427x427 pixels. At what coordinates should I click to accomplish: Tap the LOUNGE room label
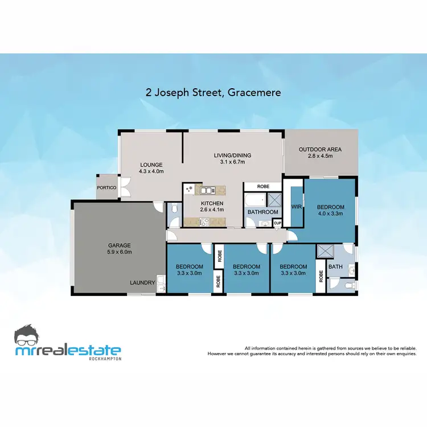click(152, 165)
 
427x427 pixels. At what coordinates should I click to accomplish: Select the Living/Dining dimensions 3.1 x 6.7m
click(232, 162)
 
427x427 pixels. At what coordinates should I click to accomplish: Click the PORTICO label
click(106, 187)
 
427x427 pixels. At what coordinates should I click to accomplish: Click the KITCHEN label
click(212, 203)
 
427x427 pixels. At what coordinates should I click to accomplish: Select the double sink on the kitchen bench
click(205, 189)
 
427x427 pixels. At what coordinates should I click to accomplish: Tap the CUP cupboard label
click(277, 223)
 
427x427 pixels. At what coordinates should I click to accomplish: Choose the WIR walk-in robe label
click(297, 207)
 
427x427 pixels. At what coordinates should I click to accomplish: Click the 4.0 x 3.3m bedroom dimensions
click(330, 214)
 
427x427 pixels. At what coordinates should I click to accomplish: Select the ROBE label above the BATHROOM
click(263, 186)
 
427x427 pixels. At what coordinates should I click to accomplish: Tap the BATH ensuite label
click(335, 266)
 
